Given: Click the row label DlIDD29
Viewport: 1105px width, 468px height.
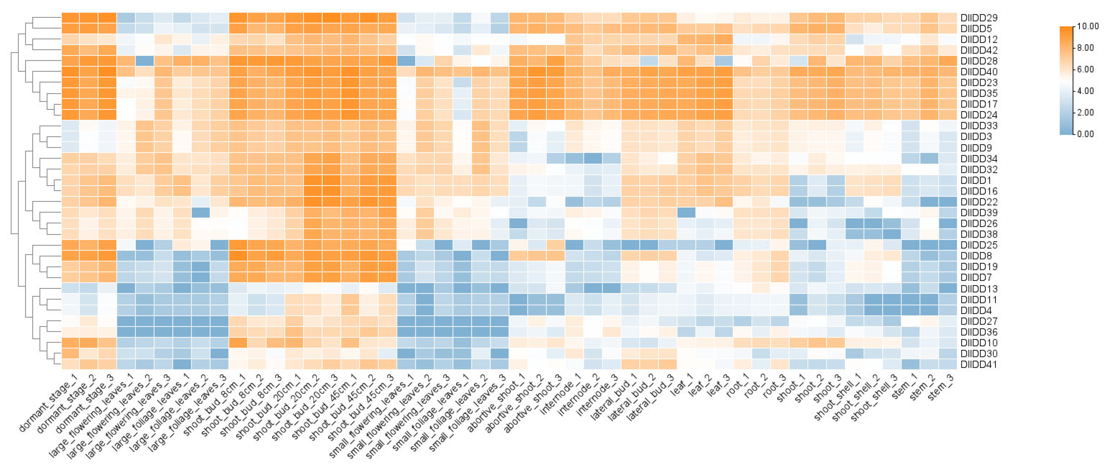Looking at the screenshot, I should point(979,18).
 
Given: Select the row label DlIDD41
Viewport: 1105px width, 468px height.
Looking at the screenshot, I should point(979,365).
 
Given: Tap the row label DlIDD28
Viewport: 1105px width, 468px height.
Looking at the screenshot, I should point(979,61).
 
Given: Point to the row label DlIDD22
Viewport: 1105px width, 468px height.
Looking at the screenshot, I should point(979,202).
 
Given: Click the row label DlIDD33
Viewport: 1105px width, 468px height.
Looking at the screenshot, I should point(979,126).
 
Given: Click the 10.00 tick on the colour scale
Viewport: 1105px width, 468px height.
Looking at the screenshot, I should point(1088,26).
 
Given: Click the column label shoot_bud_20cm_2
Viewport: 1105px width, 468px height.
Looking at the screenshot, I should point(292,410).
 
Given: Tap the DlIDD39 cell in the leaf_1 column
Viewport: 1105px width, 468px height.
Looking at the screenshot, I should point(686,213).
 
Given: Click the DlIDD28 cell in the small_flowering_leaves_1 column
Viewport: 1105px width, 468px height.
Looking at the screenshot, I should point(406,61).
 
